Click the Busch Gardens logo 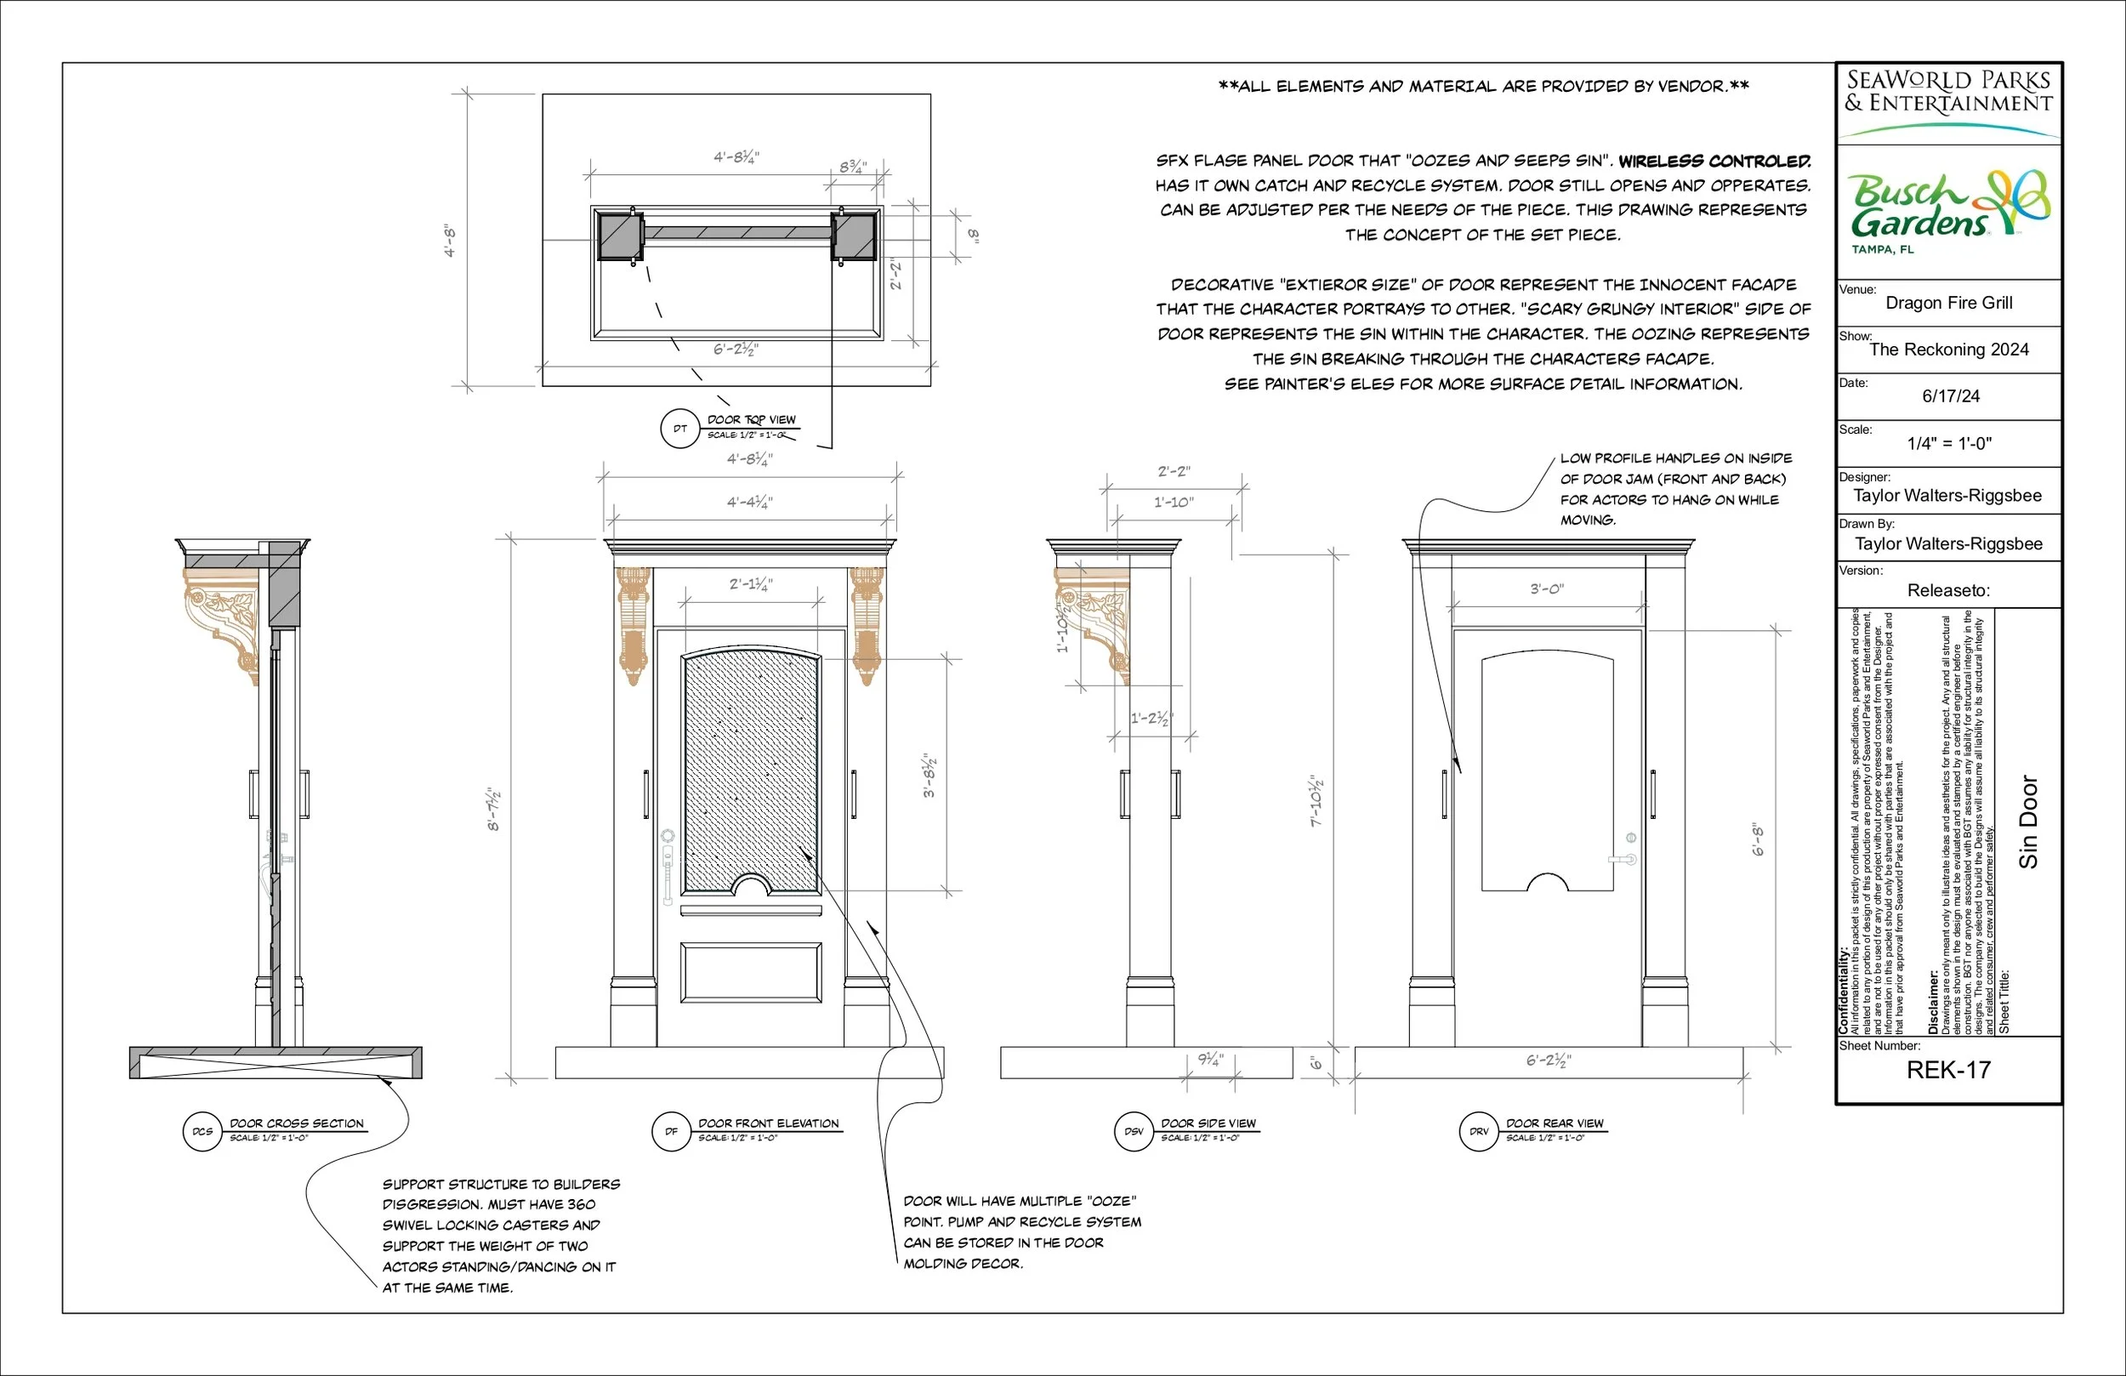click(1948, 210)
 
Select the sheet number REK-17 click(1948, 1070)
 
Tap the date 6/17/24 click(1950, 395)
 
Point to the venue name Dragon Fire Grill click(1948, 303)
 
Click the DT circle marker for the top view click(679, 429)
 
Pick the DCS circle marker click(202, 1131)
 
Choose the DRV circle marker click(1478, 1131)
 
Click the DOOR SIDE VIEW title click(1208, 1123)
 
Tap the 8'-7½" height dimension click(494, 809)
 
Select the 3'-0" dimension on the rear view click(1546, 588)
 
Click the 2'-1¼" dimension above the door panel click(750, 584)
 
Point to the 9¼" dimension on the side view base click(1210, 1060)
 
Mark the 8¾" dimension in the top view click(852, 167)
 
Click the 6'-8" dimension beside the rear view click(1758, 840)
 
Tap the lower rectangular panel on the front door click(750, 972)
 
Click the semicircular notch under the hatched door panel click(750, 885)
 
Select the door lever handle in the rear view click(1626, 859)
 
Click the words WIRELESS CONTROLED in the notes click(1714, 161)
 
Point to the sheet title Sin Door click(2029, 822)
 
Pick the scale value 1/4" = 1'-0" click(1949, 443)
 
